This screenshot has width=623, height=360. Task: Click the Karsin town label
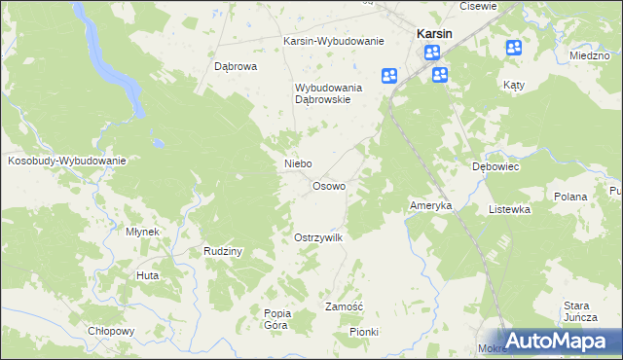(x=433, y=32)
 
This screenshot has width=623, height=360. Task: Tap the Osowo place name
(x=328, y=186)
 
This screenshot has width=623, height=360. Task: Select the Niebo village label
(x=297, y=163)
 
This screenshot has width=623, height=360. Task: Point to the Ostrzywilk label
(x=317, y=237)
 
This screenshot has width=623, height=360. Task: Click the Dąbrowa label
(x=235, y=67)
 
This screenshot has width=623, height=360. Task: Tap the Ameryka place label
(x=430, y=206)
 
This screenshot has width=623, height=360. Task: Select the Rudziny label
(x=222, y=251)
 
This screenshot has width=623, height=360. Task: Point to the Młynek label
(x=143, y=232)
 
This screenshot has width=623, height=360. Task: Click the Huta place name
(x=148, y=275)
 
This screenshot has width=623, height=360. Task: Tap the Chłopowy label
(x=110, y=331)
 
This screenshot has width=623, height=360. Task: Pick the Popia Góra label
(x=276, y=319)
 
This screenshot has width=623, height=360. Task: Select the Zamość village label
(x=344, y=306)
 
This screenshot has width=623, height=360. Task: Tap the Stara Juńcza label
(x=578, y=311)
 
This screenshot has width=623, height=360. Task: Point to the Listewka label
(x=509, y=209)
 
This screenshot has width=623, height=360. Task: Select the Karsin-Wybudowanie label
(x=334, y=42)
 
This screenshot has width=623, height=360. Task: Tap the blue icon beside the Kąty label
(x=514, y=48)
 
